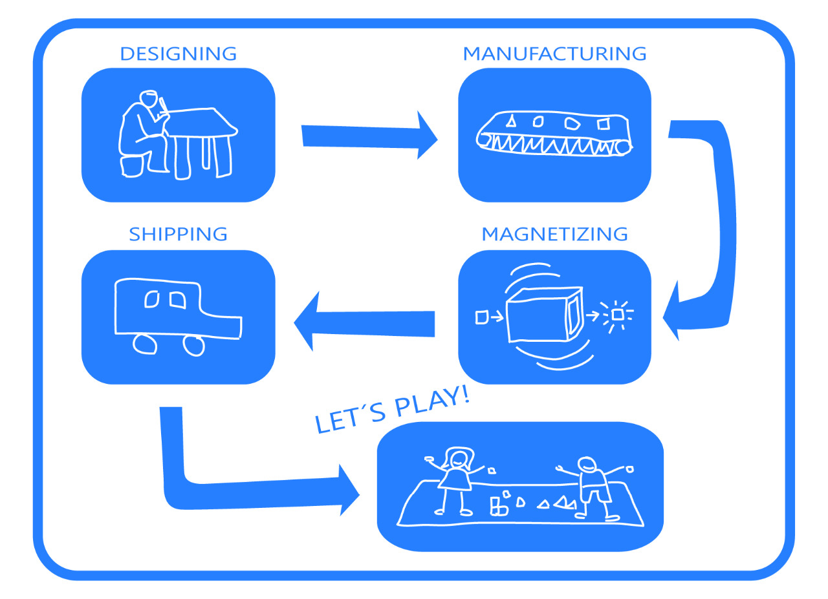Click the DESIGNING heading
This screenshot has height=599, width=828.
(178, 54)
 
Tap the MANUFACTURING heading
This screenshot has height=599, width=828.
(554, 54)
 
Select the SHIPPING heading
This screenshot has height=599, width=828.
(178, 234)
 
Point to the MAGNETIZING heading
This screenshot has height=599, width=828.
(554, 234)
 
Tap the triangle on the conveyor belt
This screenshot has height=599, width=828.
(510, 120)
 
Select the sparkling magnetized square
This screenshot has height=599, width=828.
(617, 314)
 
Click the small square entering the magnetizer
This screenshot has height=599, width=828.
(481, 317)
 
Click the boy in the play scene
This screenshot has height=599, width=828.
(592, 488)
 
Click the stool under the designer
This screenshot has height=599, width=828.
(131, 165)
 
